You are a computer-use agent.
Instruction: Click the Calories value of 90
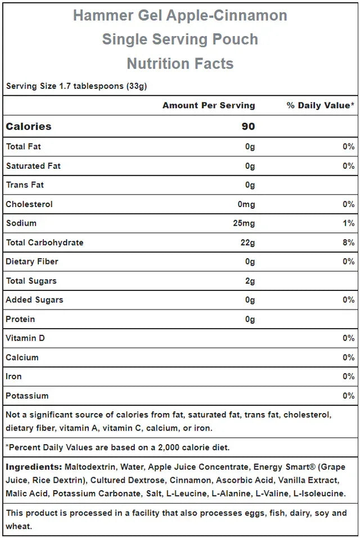248,127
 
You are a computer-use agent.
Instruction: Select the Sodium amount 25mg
244,223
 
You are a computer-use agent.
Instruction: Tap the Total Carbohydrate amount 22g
246,243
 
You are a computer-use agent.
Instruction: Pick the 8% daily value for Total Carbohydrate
348,243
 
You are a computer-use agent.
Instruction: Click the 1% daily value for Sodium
349,223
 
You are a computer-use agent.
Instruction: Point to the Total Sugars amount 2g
250,281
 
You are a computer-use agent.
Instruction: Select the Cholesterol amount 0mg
246,204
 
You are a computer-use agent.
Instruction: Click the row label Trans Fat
25,185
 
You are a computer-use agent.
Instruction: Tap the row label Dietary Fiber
32,262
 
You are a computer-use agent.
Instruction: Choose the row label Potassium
27,396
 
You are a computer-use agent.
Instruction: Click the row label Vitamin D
25,338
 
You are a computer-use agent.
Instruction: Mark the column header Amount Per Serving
209,105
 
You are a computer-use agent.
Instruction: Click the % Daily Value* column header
321,105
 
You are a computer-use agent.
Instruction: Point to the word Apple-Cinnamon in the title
227,16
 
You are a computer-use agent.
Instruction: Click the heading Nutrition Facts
180,64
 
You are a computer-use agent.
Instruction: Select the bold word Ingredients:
34,467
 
